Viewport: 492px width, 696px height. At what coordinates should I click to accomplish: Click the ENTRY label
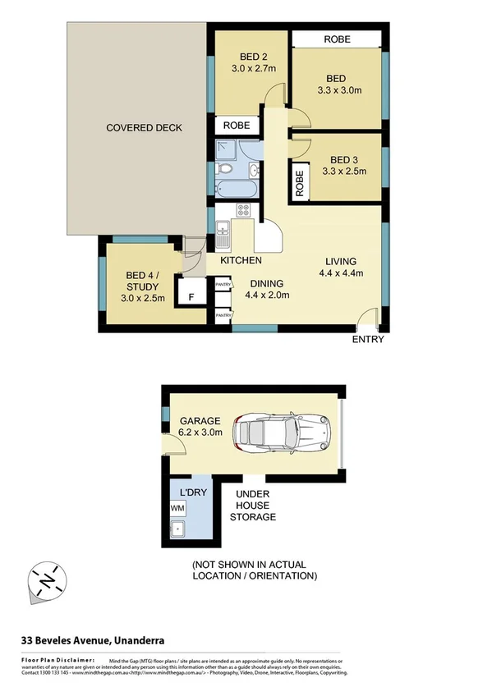(x=367, y=339)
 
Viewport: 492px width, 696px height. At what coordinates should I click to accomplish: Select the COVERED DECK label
(x=144, y=128)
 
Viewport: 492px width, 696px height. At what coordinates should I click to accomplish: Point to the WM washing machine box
(x=177, y=509)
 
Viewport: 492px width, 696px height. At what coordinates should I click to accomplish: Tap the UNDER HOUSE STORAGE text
(x=255, y=505)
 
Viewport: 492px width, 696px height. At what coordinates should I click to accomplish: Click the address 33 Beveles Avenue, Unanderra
(x=94, y=640)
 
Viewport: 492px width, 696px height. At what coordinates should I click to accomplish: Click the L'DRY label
(x=191, y=492)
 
